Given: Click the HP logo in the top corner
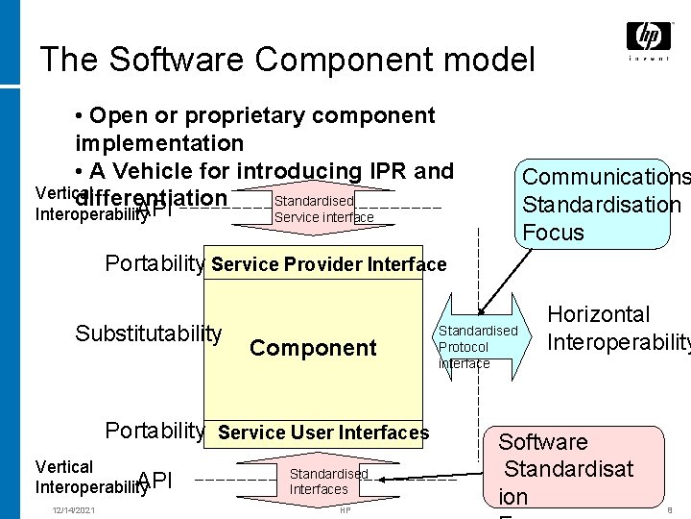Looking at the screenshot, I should pyautogui.click(x=649, y=39).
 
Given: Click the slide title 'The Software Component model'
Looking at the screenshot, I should pyautogui.click(x=287, y=60).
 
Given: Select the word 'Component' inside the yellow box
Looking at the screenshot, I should pyautogui.click(x=313, y=348).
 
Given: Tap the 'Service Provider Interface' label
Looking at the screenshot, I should pyautogui.click(x=328, y=264).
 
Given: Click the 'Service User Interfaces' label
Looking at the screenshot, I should pyautogui.click(x=323, y=432).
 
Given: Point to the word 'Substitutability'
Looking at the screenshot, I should pyautogui.click(x=149, y=334).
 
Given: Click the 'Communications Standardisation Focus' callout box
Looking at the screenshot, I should pyautogui.click(x=601, y=202).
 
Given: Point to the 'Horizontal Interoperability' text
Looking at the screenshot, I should pyautogui.click(x=614, y=328).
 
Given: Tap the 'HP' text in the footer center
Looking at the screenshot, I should pyautogui.click(x=345, y=509).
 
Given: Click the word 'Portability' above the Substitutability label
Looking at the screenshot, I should pyautogui.click(x=155, y=263).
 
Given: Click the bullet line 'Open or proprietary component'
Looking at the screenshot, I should pyautogui.click(x=259, y=116).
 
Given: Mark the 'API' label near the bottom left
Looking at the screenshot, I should pyautogui.click(x=155, y=481).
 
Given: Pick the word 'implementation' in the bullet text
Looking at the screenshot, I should pyautogui.click(x=159, y=144).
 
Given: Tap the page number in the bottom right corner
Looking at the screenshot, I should pyautogui.click(x=668, y=510).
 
